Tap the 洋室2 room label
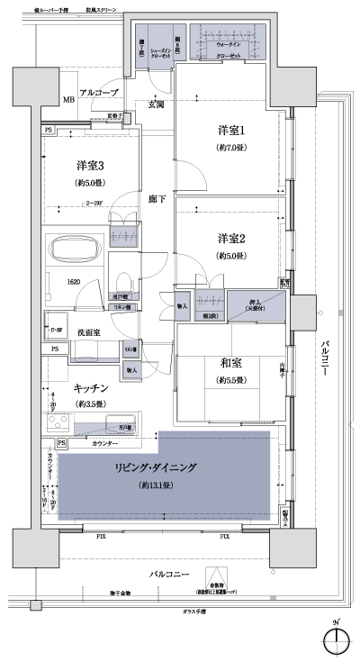point(231,239)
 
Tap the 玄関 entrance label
point(156,105)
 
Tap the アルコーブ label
point(98,93)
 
